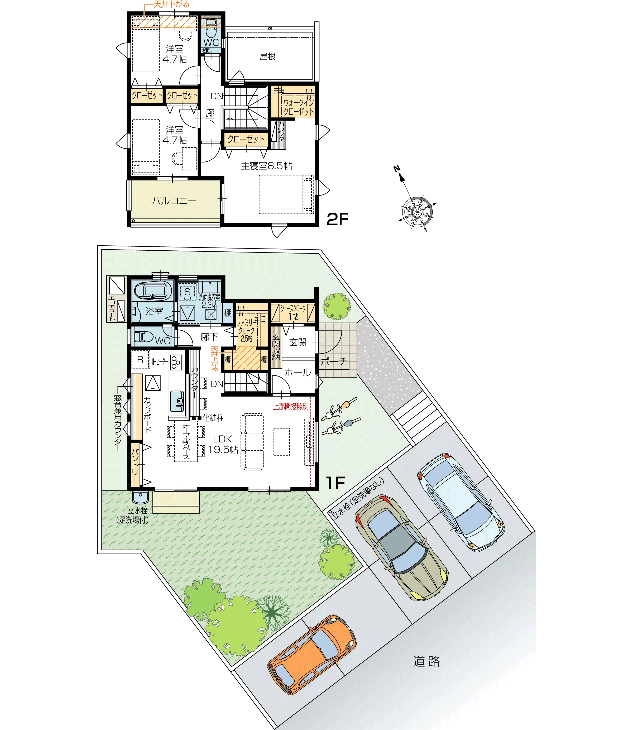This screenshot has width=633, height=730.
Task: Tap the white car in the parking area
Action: (x=461, y=502)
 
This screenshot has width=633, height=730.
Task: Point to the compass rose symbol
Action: (x=417, y=211)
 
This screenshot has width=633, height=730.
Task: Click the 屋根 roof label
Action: (x=267, y=56)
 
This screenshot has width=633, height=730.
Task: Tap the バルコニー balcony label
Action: (x=174, y=201)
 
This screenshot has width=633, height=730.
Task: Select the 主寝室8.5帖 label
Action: (x=266, y=166)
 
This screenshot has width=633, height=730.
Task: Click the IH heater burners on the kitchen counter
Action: (x=176, y=362)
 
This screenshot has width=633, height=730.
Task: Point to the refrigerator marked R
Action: (x=140, y=360)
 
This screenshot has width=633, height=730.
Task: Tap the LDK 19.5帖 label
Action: (x=223, y=444)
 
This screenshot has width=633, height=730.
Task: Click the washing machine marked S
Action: (x=187, y=292)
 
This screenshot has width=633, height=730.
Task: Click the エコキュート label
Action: (x=112, y=308)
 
